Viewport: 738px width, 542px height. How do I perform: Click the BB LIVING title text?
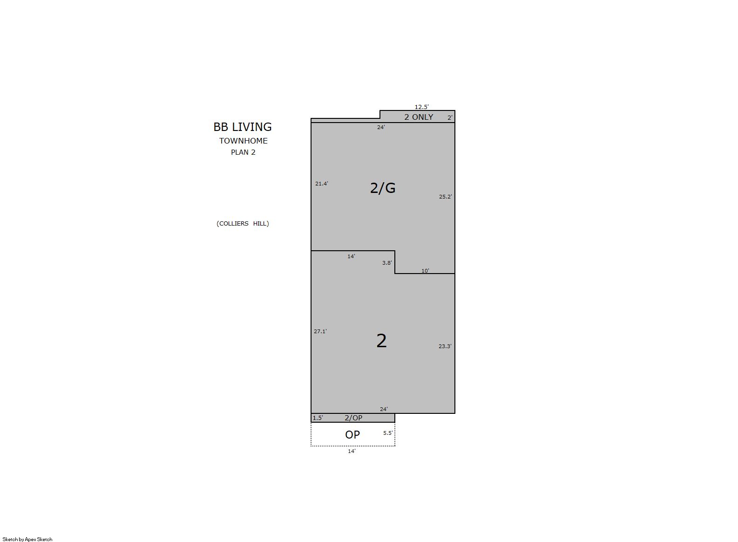[x=243, y=127]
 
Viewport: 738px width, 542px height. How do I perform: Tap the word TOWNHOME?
[x=244, y=141]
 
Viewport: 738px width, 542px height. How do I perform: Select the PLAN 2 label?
[x=243, y=152]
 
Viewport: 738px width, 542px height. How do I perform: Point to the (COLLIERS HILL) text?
[x=243, y=224]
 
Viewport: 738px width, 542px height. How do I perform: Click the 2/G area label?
[x=383, y=188]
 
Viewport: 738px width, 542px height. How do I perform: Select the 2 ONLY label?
[x=419, y=117]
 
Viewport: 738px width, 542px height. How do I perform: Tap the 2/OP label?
[x=353, y=418]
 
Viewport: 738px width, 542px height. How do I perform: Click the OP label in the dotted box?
[x=352, y=434]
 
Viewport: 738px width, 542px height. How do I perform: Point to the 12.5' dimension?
[x=422, y=107]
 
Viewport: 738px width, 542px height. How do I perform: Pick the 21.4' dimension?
[x=322, y=184]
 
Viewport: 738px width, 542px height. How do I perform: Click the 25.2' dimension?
[x=446, y=197]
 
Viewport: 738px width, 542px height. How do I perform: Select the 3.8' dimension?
[x=387, y=263]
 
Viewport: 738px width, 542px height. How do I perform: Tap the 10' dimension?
[x=425, y=271]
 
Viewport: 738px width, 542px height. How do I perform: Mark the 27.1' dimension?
[x=320, y=331]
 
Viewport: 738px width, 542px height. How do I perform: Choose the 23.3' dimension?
[x=445, y=346]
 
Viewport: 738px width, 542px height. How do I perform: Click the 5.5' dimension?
[x=388, y=433]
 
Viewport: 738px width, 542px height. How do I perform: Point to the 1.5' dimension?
[x=318, y=418]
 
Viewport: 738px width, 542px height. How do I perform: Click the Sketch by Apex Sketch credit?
[x=27, y=539]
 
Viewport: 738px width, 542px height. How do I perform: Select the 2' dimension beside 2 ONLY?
[x=450, y=118]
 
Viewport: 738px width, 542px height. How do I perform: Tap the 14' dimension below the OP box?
[x=352, y=451]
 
